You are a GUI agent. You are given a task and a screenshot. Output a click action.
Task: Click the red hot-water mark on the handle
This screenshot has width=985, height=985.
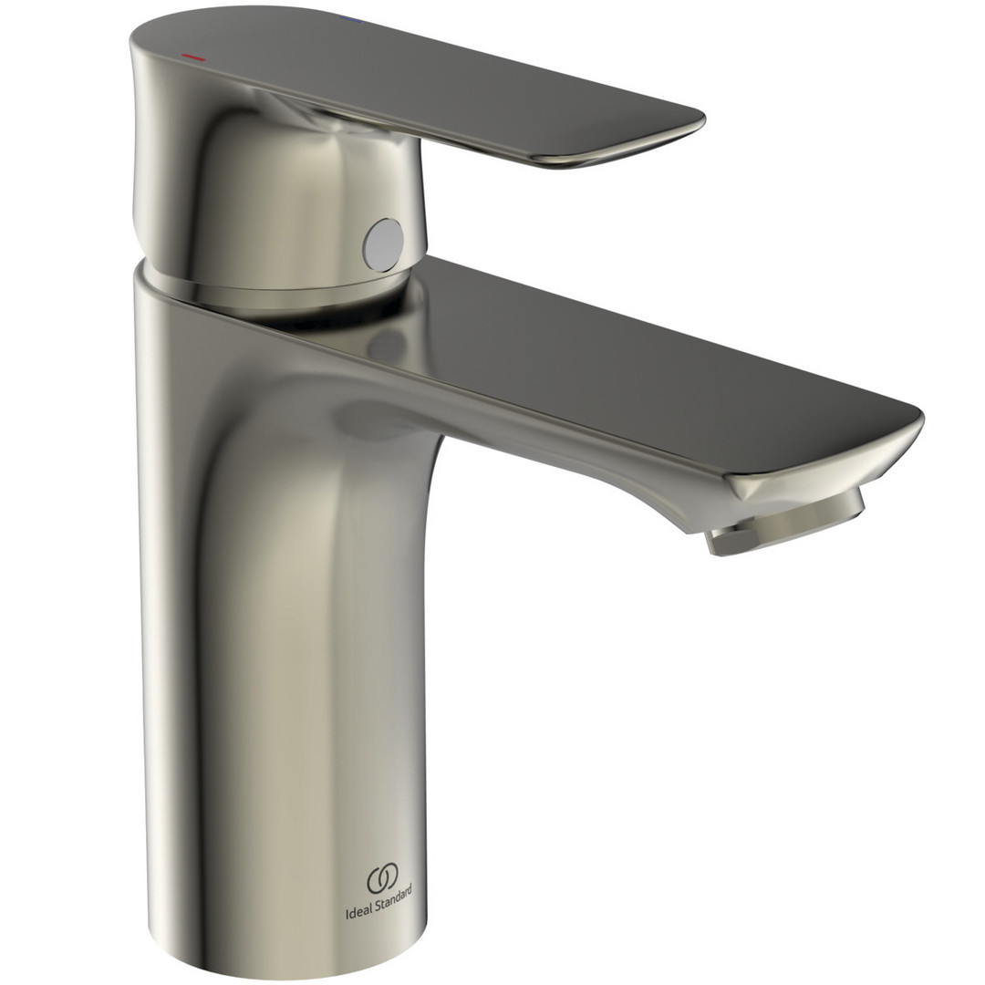pyautogui.click(x=193, y=57)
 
